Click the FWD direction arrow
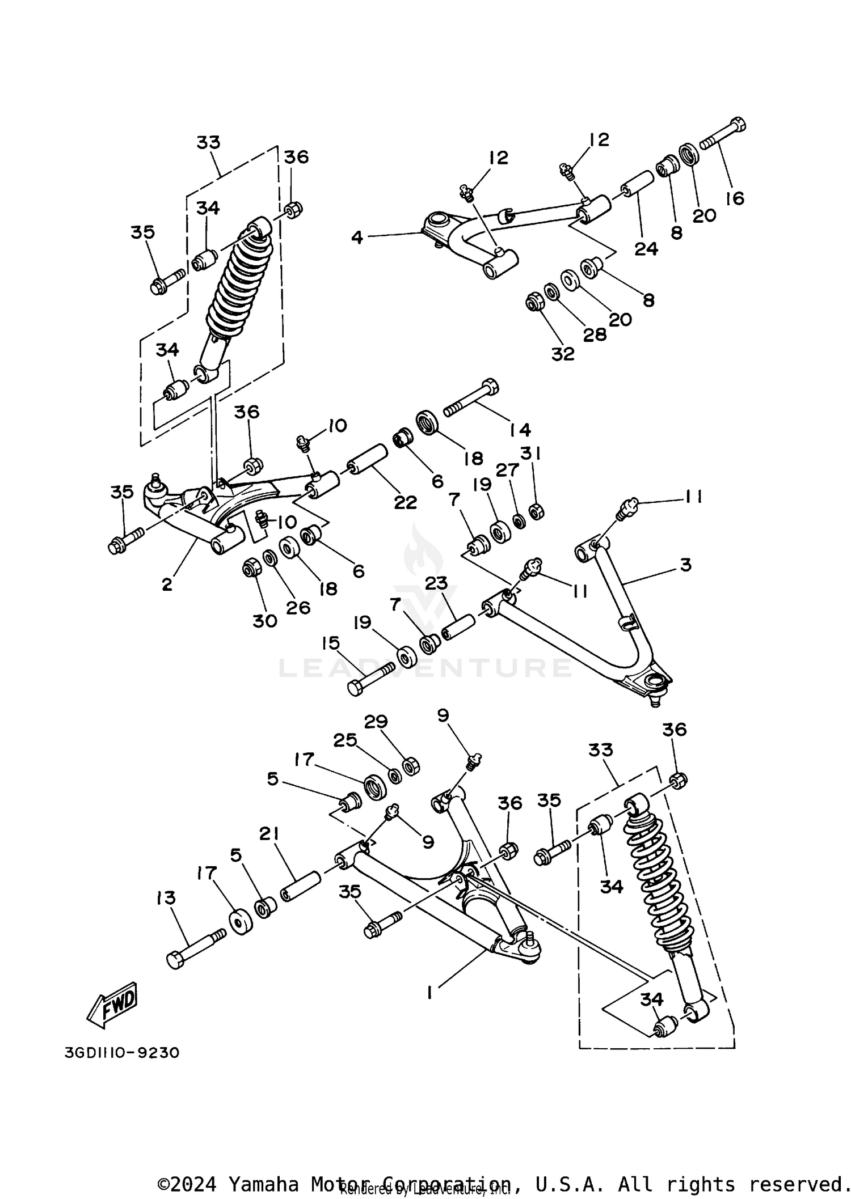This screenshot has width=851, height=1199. coord(112,1005)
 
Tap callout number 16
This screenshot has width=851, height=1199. coord(734,198)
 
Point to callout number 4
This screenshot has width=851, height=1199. coord(357,238)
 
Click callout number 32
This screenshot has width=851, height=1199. coord(563,354)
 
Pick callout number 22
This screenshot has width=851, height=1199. coord(405,502)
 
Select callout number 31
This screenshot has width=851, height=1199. coord(531,453)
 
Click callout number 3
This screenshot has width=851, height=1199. coord(685,565)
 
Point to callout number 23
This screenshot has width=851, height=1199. coord(436,583)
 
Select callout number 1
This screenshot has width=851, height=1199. coord(430,993)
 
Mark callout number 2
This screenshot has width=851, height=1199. coord(167,584)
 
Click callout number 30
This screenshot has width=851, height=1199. coord(264,621)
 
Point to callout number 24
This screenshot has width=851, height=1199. coord(646,248)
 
